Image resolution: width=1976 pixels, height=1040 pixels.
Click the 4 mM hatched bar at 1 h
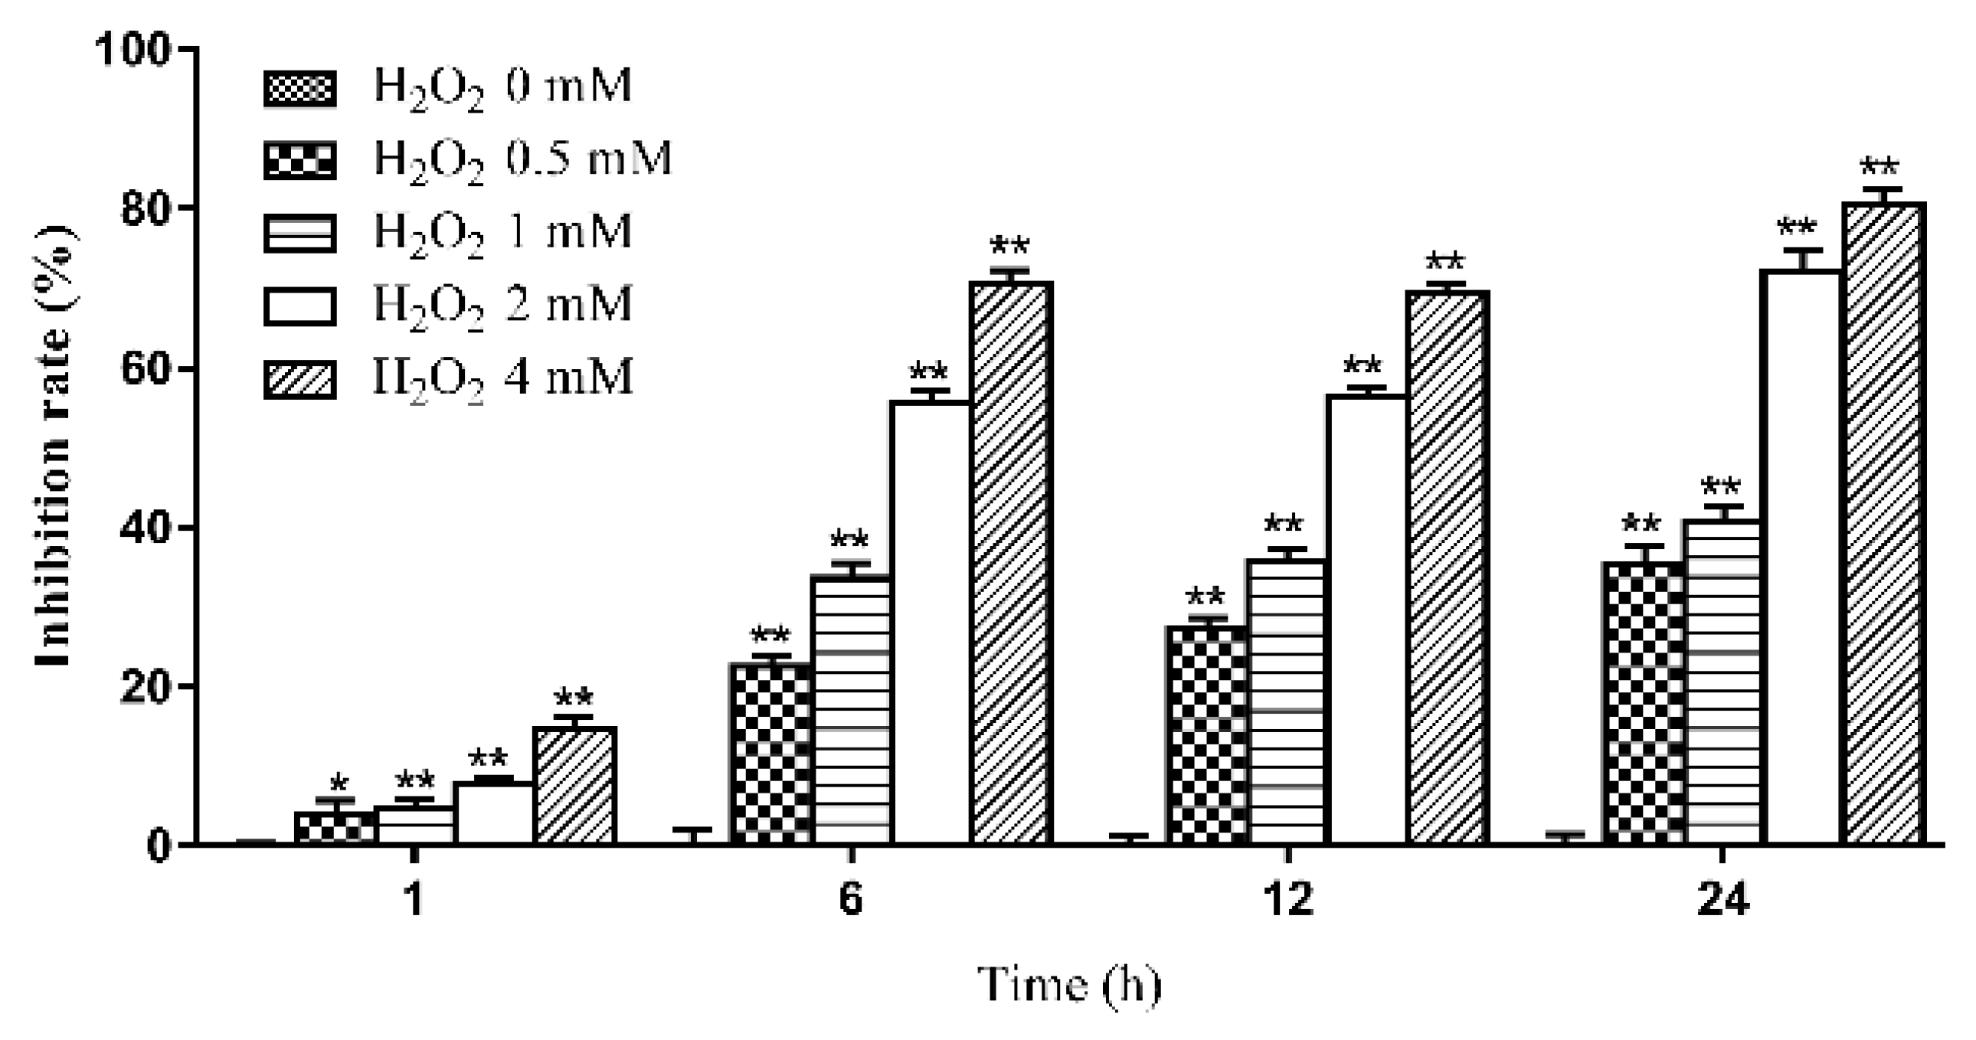click(x=574, y=786)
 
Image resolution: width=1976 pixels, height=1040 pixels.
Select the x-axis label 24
click(x=1722, y=900)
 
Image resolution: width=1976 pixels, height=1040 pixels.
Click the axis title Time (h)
click(x=1069, y=984)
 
